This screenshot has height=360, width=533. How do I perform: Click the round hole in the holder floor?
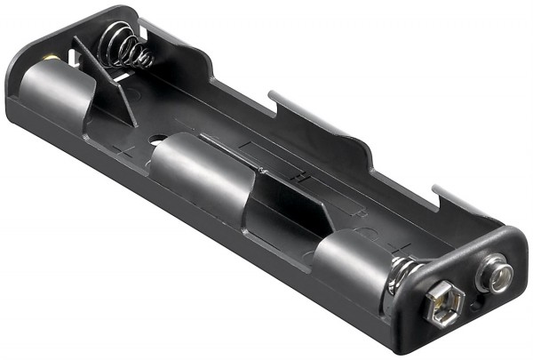158,141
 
